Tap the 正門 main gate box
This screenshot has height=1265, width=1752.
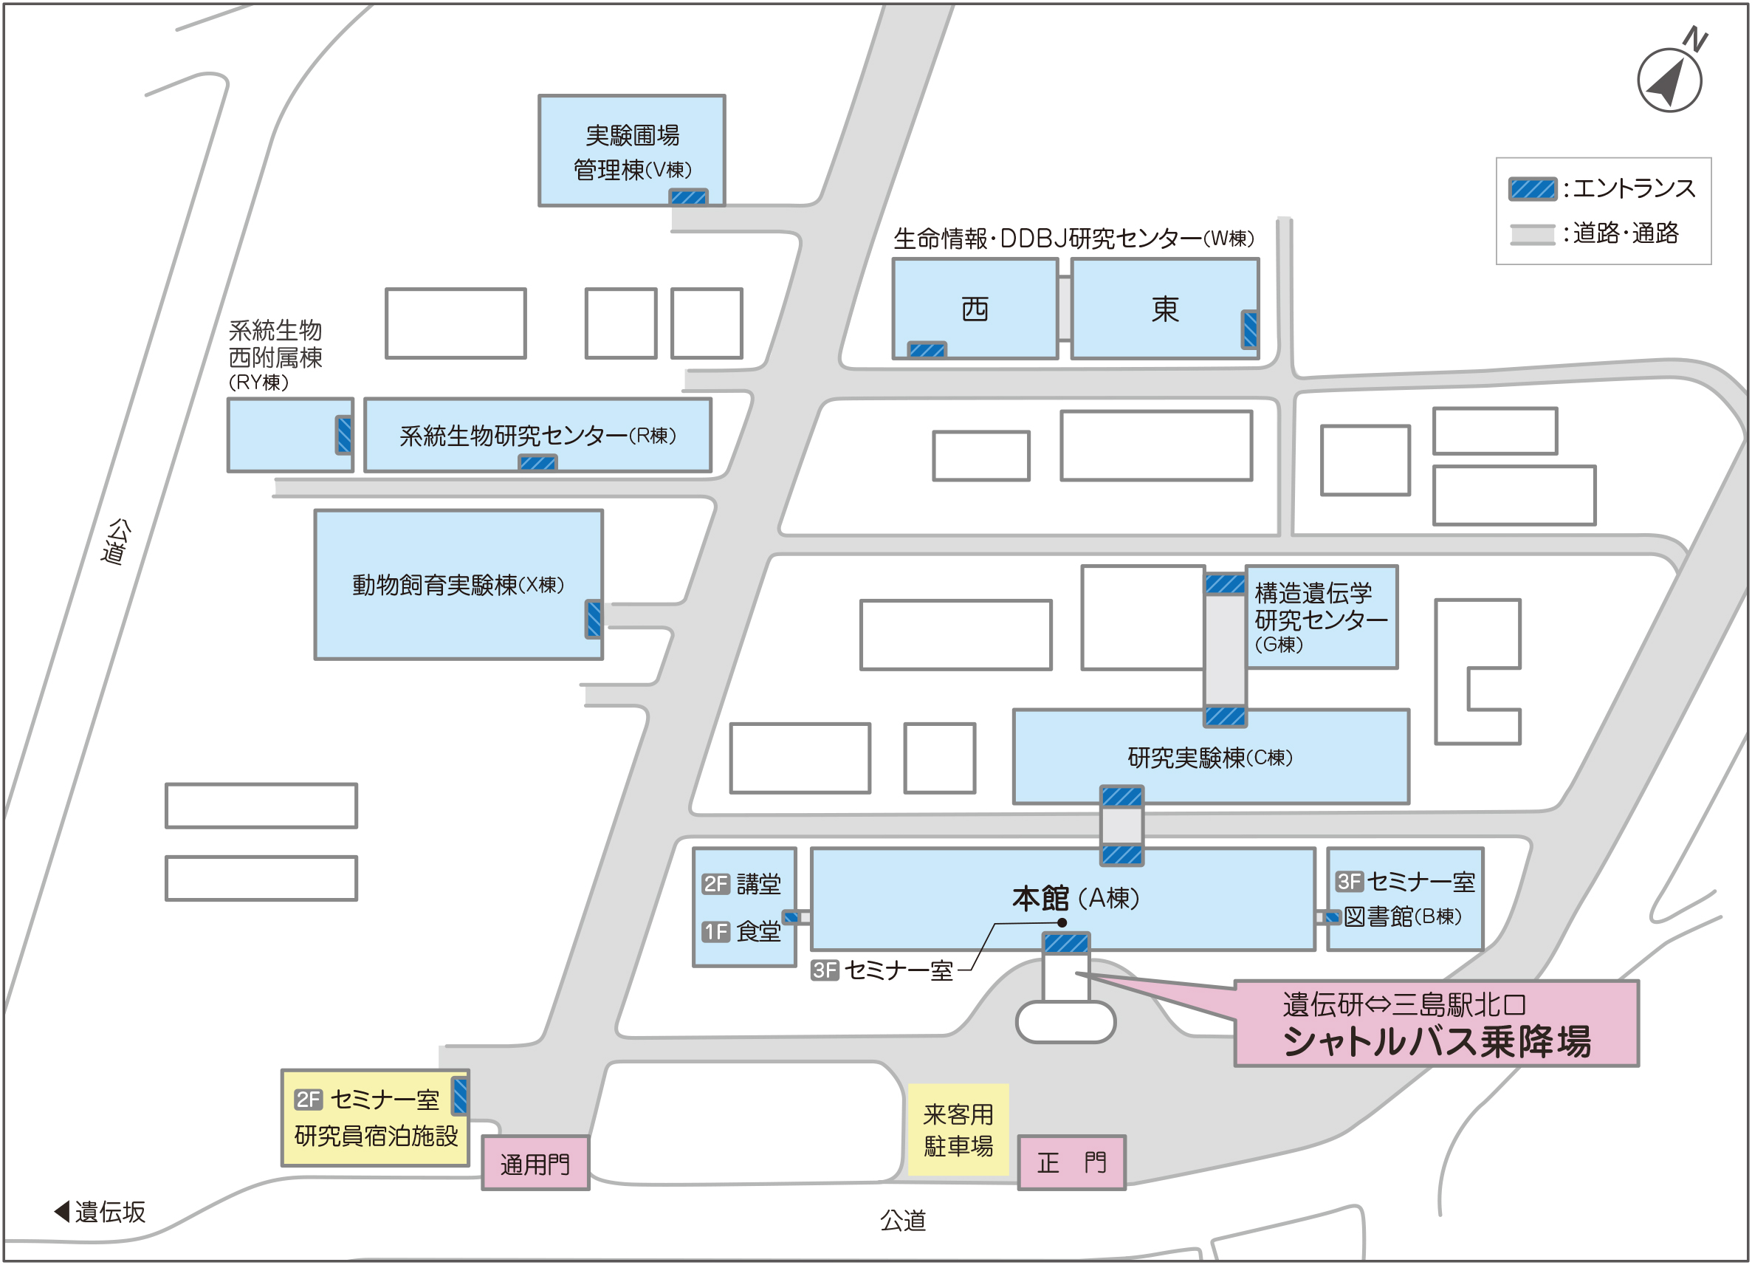[1071, 1162]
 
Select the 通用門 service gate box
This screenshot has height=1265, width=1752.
[535, 1163]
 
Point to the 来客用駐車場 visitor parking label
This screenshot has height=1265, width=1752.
[958, 1130]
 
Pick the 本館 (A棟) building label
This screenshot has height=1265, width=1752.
[1076, 898]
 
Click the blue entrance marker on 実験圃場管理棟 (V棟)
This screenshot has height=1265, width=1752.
[688, 197]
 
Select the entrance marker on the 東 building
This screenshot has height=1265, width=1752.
[1250, 329]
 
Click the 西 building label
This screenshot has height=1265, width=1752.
[975, 309]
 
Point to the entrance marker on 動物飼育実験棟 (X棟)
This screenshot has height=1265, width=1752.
[594, 619]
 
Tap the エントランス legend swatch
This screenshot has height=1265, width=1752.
[1533, 188]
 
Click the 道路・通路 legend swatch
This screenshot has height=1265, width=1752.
[1533, 233]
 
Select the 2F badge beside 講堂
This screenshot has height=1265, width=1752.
[715, 883]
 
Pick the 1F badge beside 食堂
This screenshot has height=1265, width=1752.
[715, 931]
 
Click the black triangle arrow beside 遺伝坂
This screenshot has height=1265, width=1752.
[62, 1212]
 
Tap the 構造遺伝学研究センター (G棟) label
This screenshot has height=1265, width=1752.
[1320, 617]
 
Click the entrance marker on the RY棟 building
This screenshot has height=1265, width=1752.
[344, 435]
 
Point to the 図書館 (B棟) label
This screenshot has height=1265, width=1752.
[1402, 916]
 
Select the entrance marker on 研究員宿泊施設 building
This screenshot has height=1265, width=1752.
[460, 1096]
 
